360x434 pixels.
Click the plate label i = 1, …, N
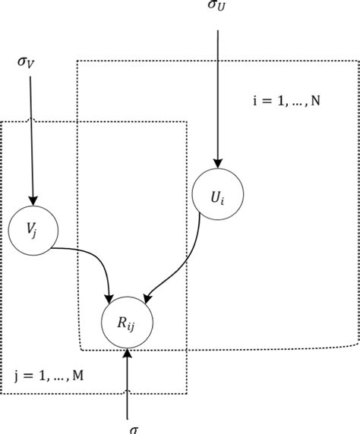[285, 100]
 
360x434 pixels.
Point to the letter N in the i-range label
[315, 100]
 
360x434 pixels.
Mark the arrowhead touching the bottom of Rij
[127, 353]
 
